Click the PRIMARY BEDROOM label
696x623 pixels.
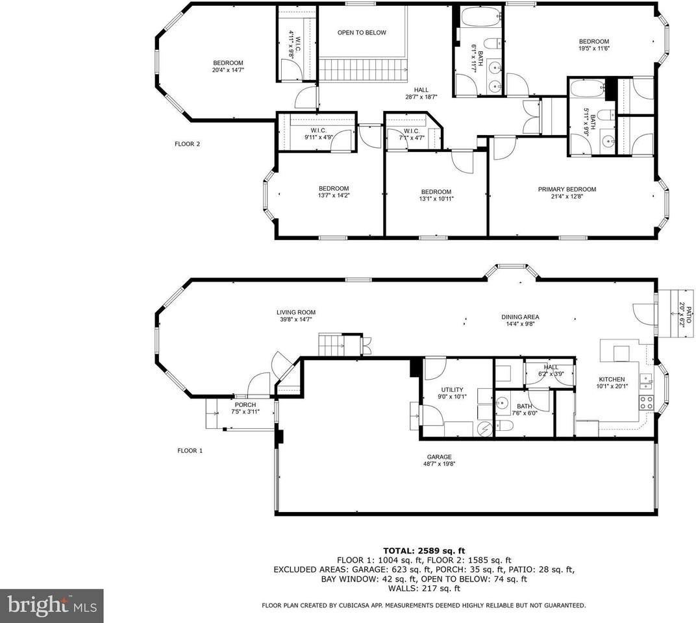[567, 189]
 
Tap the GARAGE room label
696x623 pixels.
[439, 456]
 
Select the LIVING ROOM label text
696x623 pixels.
[296, 312]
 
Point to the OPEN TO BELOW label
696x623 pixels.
[362, 32]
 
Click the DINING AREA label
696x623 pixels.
[520, 317]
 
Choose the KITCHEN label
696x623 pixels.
[612, 380]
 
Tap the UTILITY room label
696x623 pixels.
[452, 389]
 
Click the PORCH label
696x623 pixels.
[245, 405]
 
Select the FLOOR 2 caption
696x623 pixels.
[188, 144]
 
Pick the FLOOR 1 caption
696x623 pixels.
[190, 450]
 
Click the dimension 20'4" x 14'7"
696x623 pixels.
[228, 70]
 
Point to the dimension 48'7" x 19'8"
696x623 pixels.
[439, 464]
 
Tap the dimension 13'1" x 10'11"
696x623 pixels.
[436, 199]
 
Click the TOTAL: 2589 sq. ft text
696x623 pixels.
[424, 550]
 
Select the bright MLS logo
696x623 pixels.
[51, 606]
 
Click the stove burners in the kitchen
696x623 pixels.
[647, 402]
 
